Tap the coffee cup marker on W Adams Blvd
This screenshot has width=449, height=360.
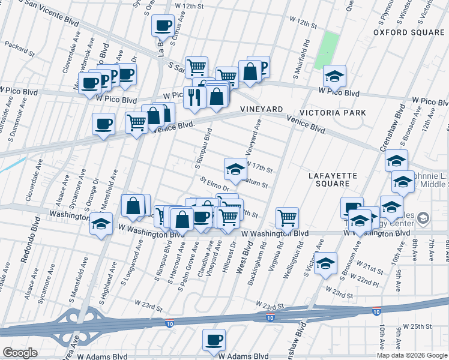pos(214,340)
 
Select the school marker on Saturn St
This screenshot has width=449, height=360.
pos(235,170)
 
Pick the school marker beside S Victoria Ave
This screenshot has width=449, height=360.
pos(325,263)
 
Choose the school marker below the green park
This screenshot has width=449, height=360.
pos(334,76)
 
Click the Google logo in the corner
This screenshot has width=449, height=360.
pos(20,353)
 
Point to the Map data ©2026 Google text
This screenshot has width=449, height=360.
pos(411,355)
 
